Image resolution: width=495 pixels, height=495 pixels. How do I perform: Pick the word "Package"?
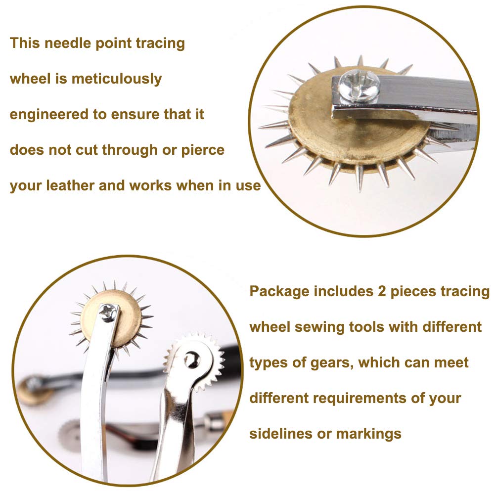coord(279,291)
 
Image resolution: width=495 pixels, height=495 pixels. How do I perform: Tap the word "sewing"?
coord(320,327)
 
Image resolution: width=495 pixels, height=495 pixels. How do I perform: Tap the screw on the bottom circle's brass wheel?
coord(108,312)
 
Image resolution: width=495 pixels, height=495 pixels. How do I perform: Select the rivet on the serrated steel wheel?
coord(191,360)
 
